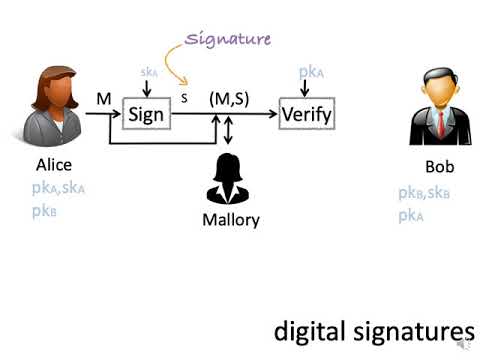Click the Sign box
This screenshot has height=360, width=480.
(146, 114)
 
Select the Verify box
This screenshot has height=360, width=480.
(305, 114)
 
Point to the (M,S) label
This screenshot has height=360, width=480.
(229, 99)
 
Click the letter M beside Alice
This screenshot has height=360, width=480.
(103, 99)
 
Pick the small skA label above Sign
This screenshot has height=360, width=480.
(148, 74)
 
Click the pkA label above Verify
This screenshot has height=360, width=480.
(310, 72)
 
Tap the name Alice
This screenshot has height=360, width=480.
(54, 165)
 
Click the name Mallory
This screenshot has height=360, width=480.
(232, 220)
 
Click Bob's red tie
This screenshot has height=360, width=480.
(439, 123)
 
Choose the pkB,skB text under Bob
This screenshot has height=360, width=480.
(424, 193)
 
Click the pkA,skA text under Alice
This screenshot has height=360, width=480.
(58, 188)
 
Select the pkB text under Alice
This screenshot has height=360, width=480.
(44, 211)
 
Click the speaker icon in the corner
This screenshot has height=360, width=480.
(463, 344)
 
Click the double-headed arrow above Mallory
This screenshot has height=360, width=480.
(230, 130)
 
